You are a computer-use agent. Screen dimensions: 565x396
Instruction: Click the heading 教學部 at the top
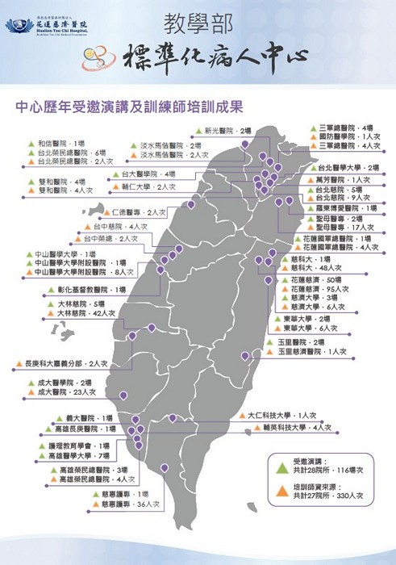pos(198,22)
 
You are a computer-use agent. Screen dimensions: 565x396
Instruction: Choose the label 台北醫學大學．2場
pos(348,168)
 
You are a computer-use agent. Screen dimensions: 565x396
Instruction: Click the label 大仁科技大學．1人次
pos(281,416)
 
